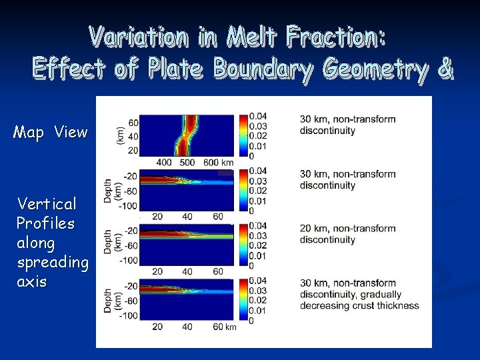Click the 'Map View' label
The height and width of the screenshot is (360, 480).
click(x=50, y=132)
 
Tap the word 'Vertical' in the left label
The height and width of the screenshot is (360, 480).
click(x=47, y=203)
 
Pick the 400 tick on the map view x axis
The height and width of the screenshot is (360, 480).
click(x=163, y=163)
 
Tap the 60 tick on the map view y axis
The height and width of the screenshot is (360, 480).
click(x=133, y=123)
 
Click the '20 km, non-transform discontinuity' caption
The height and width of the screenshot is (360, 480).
click(x=347, y=234)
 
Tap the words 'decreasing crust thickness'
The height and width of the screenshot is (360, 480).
click(x=359, y=305)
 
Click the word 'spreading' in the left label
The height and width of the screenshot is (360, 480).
click(x=53, y=262)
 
